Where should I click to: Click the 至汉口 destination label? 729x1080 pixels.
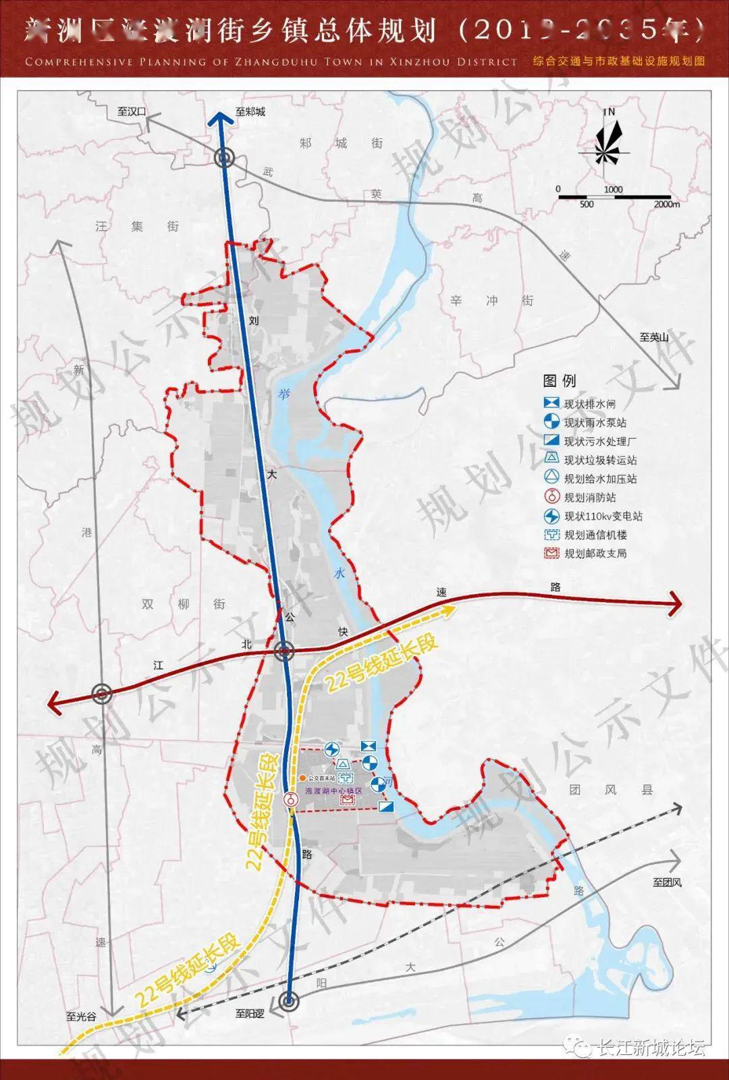(132, 111)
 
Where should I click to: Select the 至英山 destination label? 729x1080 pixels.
(653, 337)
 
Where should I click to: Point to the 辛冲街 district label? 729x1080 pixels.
(491, 300)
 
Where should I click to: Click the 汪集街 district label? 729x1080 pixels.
(138, 226)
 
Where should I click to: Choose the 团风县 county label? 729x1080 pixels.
(610, 789)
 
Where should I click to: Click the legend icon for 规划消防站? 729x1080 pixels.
(552, 497)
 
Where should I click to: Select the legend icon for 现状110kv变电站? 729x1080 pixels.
(552, 516)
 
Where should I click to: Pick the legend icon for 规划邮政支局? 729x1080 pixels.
(552, 553)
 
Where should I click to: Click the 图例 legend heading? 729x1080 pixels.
(560, 381)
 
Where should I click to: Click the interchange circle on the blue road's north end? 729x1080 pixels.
(224, 159)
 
